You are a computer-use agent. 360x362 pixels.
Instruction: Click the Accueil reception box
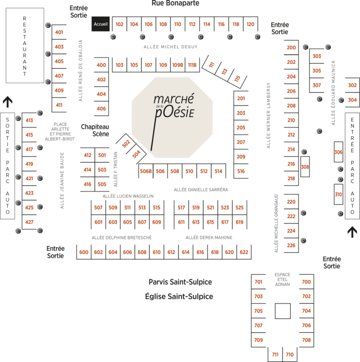coord(101,24)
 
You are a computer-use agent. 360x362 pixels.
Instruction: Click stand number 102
coord(120,24)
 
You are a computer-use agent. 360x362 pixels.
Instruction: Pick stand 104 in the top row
coord(134,24)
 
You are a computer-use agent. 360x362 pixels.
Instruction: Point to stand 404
coord(101,94)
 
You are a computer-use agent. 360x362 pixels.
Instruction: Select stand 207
coord(241,142)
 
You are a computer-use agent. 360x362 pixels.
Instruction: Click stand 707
coord(258,325)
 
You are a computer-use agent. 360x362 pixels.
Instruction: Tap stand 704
coord(306,311)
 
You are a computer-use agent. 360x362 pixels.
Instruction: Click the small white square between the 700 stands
coord(282,311)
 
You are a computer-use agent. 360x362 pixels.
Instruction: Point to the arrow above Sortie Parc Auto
coord(8,101)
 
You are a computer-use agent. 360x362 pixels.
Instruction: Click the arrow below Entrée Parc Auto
coord(352,232)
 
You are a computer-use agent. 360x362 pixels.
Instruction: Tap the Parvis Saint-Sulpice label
coord(180,282)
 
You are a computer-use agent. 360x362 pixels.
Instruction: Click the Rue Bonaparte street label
coord(175,4)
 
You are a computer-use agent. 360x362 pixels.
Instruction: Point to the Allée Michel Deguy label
coord(170,46)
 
